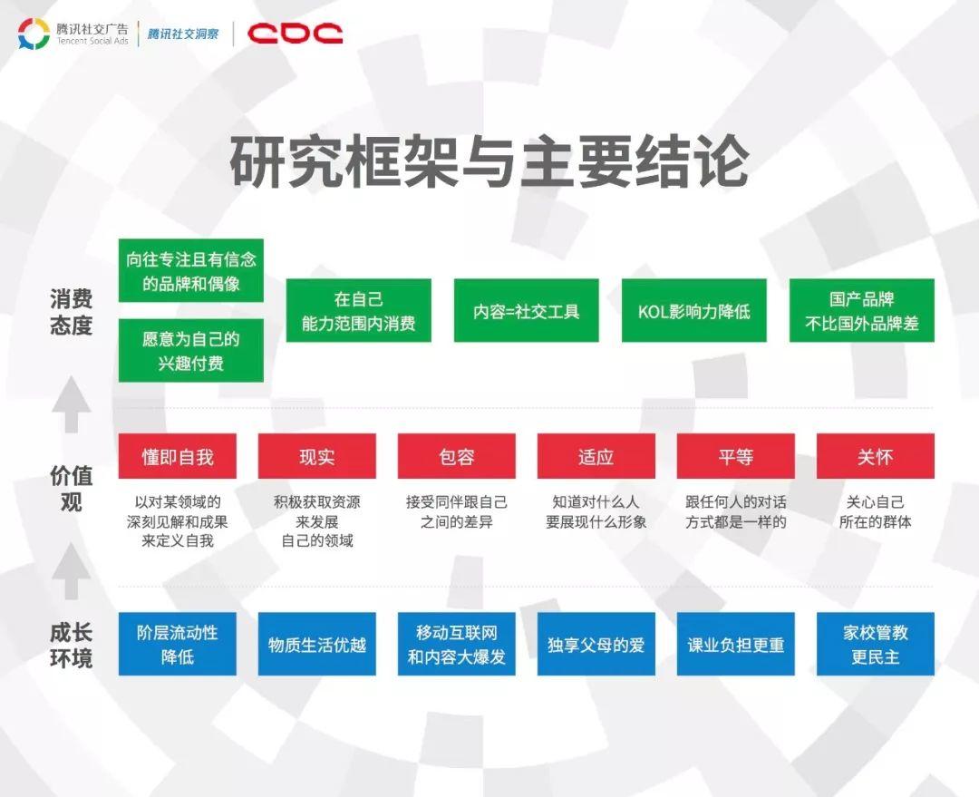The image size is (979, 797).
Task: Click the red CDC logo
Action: tap(295, 34)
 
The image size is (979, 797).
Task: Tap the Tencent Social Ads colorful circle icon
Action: tap(34, 34)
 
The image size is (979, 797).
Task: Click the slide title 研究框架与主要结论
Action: tap(489, 161)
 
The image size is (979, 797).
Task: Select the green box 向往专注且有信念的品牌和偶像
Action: tap(191, 270)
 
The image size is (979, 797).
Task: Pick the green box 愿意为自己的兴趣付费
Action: tap(191, 350)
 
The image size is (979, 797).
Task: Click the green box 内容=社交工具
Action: tap(527, 310)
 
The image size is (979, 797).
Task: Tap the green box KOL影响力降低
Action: tap(694, 310)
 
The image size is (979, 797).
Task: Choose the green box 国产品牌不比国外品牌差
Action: tap(862, 310)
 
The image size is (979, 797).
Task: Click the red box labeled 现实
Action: tap(317, 457)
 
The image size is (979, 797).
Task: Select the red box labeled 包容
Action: tap(456, 457)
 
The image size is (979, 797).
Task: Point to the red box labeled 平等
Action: tap(735, 457)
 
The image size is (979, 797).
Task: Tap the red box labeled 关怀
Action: tap(876, 457)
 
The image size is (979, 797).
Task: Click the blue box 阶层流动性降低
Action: tap(178, 644)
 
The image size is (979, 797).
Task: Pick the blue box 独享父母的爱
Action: tap(596, 644)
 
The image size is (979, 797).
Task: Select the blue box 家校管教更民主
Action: tap(876, 644)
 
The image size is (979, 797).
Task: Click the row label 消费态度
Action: tap(72, 312)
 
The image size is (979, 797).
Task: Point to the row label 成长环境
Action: tap(72, 645)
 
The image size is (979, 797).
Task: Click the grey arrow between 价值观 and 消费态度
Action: tap(72, 404)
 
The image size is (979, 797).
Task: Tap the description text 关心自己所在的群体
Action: tap(876, 511)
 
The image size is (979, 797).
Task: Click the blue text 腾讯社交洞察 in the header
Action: tap(183, 34)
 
